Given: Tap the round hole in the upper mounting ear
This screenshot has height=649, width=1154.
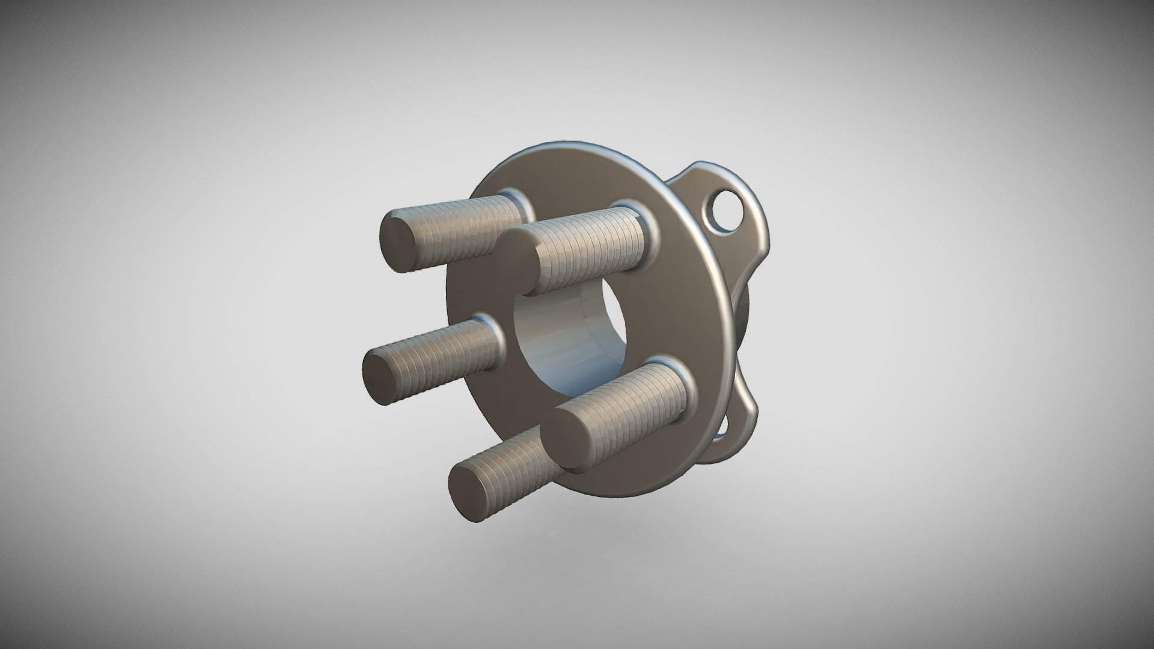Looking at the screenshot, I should click(728, 212).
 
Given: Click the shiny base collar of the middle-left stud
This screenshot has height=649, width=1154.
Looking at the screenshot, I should click(493, 331).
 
